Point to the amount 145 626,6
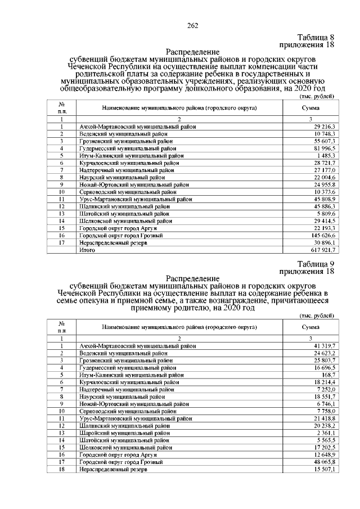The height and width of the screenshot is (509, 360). click(324, 236)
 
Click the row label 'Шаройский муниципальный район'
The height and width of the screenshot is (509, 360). click(124, 434)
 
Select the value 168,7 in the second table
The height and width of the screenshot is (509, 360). click(329, 375)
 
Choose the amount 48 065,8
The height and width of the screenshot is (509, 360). click(325, 462)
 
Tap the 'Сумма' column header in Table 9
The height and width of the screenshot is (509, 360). click(310, 327)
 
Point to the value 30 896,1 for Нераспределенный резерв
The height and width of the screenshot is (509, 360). click(325, 243)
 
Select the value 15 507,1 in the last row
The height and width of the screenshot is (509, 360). click(325, 469)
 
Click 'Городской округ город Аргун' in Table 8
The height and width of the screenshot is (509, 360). click(118, 229)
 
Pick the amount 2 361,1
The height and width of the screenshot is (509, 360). click(326, 434)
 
